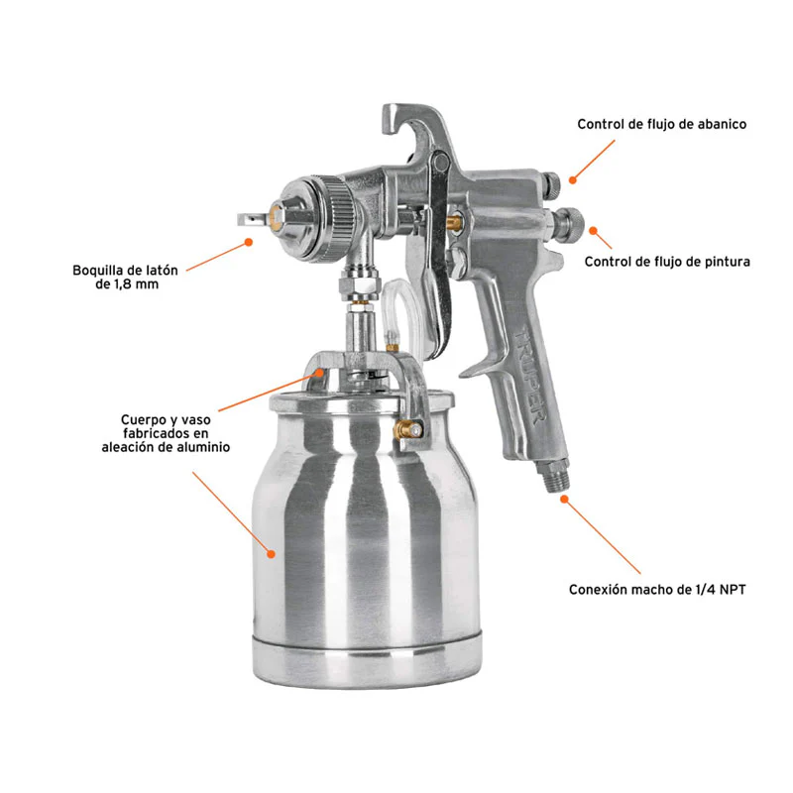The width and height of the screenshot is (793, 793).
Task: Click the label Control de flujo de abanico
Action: point(661,125)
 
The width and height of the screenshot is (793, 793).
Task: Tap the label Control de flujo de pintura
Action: point(667,262)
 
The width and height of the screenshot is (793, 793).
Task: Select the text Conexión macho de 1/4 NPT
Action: point(657,590)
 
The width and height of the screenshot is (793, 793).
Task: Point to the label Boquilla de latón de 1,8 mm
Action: point(126,278)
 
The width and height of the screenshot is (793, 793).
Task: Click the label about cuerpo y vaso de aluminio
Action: point(166,433)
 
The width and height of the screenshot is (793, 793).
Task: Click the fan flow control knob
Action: point(552,184)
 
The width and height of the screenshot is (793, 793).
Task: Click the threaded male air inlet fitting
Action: point(555,476)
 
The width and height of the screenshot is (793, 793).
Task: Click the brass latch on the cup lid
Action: point(407,431)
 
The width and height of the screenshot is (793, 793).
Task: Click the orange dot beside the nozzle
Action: point(249,242)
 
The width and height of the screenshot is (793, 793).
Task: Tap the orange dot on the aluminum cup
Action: point(271,554)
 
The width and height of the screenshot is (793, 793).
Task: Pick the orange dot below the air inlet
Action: point(564,500)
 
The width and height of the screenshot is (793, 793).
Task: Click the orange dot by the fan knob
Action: point(573,180)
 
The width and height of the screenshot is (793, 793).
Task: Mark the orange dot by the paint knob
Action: point(593,231)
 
